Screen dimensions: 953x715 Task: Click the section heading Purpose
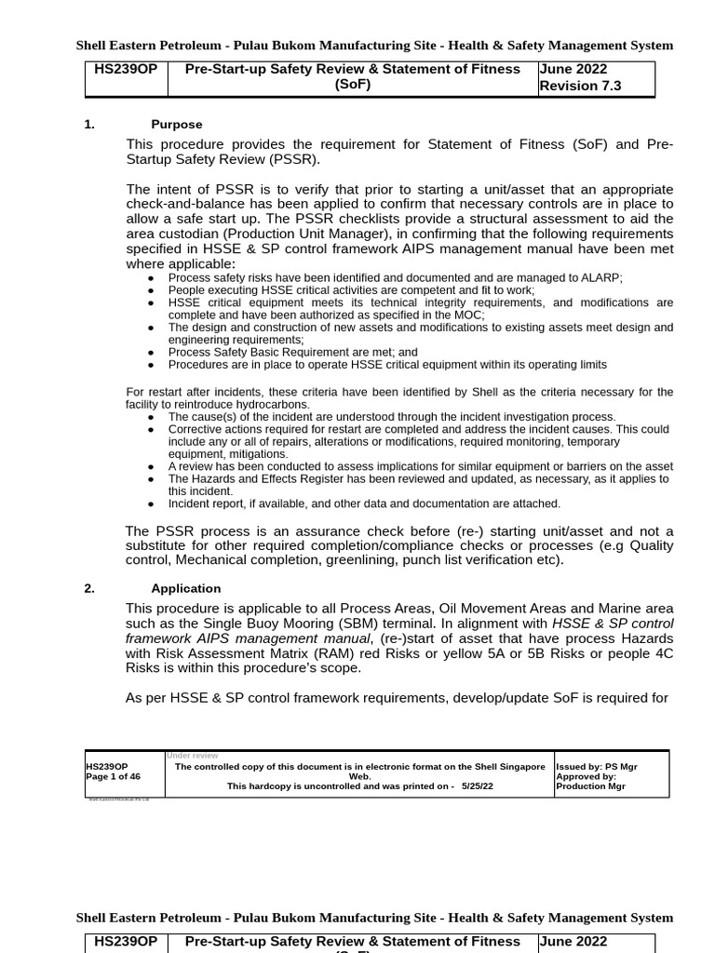[176, 125]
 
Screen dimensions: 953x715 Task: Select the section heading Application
[185, 588]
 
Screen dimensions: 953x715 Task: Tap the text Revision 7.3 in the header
[580, 86]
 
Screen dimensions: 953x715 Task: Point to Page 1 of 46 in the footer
[113, 776]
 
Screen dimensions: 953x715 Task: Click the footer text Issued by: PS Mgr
[597, 767]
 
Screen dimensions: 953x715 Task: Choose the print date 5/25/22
[477, 786]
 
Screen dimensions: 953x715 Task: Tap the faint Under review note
[192, 756]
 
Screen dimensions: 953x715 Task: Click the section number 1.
[89, 125]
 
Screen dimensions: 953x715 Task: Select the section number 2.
[89, 588]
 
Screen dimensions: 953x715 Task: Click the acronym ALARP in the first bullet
[601, 277]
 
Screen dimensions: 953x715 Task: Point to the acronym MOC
[469, 315]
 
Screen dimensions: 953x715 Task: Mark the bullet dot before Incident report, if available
[152, 504]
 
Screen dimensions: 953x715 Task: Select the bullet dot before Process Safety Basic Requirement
[152, 353]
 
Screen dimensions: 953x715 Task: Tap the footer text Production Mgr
[590, 786]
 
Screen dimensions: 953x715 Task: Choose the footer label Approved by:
[586, 776]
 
